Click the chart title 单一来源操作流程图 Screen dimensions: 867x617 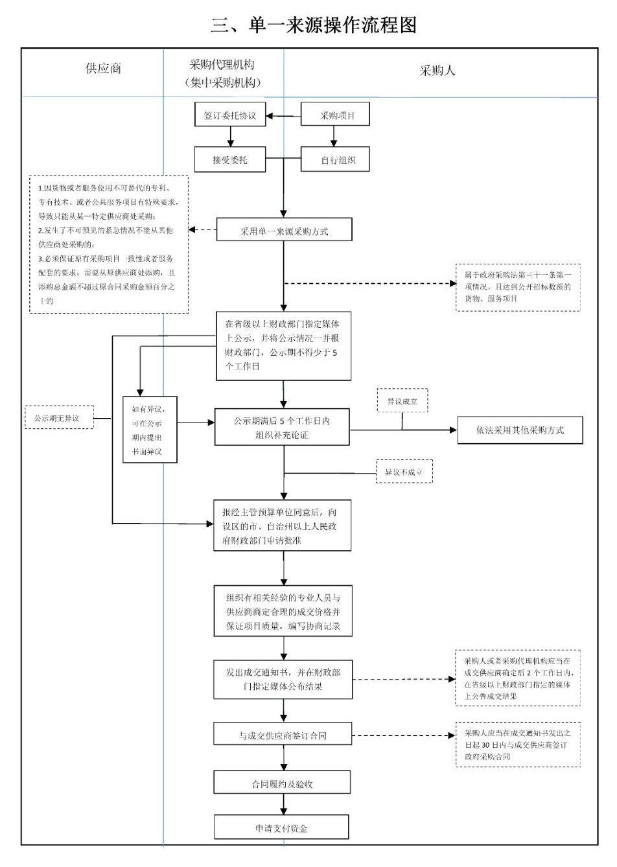[x=314, y=25]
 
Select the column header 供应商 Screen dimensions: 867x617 [x=103, y=69]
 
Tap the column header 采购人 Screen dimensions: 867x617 [x=437, y=71]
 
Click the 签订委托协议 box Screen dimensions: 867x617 [x=230, y=116]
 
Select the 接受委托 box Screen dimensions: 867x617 [x=230, y=159]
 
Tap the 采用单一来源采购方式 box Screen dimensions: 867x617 [x=284, y=231]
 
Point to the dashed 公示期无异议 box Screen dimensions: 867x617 [x=58, y=418]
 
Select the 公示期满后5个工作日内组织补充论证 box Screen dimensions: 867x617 [x=282, y=428]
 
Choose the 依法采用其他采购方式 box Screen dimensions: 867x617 [x=520, y=430]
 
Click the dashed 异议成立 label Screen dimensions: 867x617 [x=402, y=401]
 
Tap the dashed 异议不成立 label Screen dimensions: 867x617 [x=403, y=472]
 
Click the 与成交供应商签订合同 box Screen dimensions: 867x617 [x=283, y=735]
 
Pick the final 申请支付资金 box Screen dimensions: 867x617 [x=281, y=828]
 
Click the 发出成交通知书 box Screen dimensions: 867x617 [x=283, y=679]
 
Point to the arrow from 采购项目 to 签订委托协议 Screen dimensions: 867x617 [x=284, y=117]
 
